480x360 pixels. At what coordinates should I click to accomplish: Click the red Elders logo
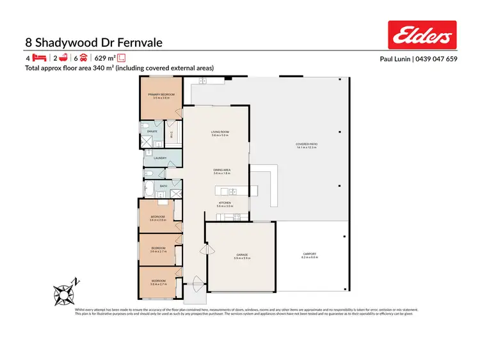pos(422,35)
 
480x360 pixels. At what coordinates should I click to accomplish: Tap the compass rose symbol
pos(65,292)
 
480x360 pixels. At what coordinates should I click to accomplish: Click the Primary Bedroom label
pos(160,95)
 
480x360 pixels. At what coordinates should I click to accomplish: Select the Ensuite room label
pos(152,131)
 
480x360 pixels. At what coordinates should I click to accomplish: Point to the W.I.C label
pos(171,134)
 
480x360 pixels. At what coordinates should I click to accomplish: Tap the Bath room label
pos(164,186)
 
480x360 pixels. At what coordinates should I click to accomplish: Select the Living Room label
pos(220,132)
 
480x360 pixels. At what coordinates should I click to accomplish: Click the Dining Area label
pos(221,170)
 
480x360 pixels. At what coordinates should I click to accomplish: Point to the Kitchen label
pos(223,203)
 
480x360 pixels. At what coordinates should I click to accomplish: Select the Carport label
pos(310,254)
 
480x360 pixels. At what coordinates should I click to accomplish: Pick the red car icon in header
pos(83,58)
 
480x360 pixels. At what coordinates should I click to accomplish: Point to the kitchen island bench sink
pos(232,191)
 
